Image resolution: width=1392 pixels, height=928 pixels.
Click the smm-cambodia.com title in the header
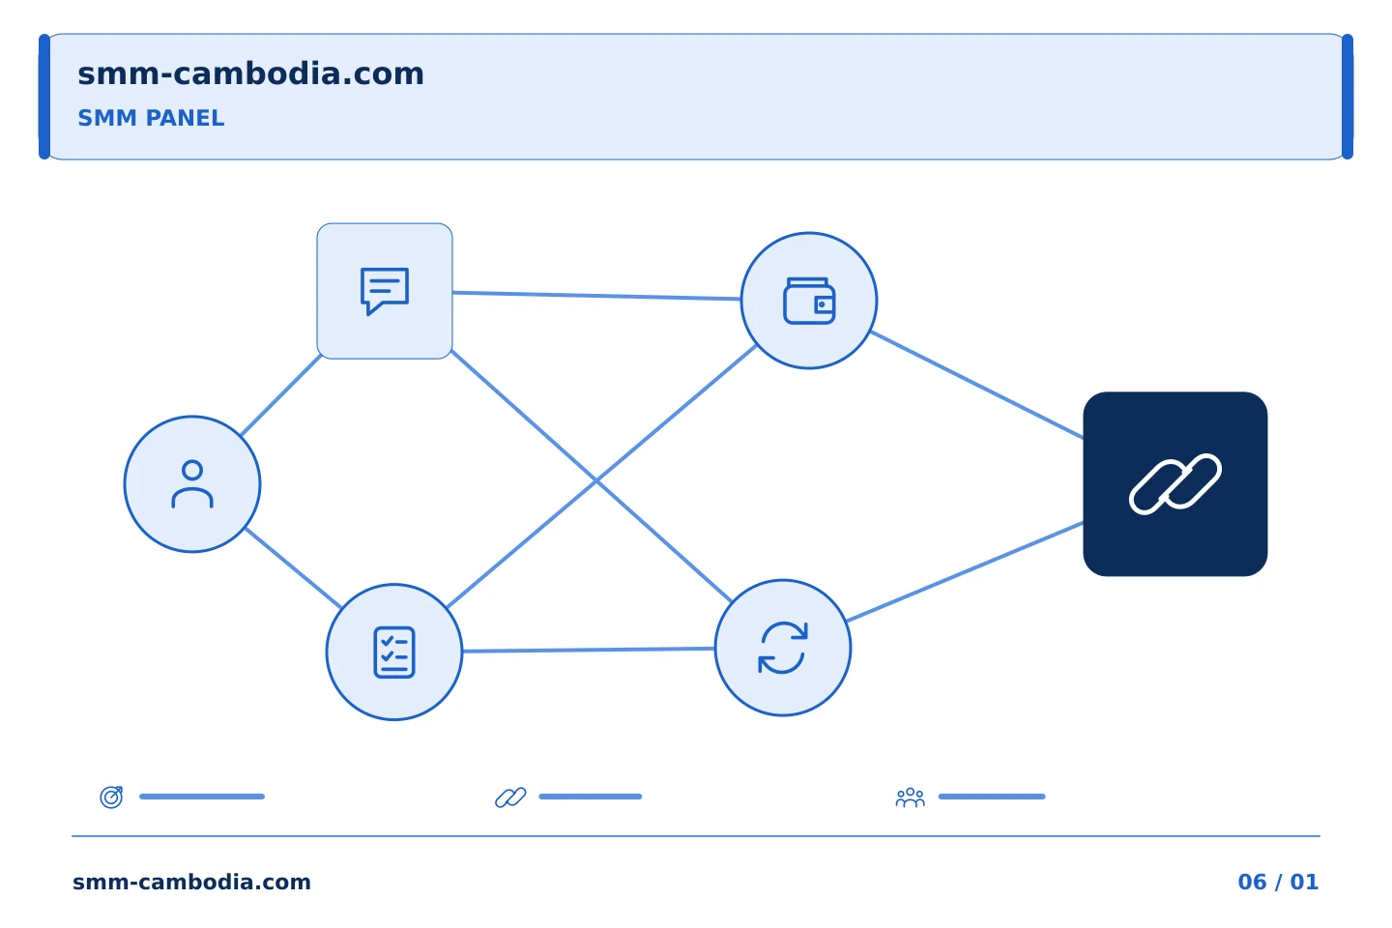coord(250,74)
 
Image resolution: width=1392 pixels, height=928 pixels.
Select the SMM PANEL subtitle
coord(151,118)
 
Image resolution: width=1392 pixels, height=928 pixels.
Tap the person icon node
coord(192,484)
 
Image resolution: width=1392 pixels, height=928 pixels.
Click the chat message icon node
coord(385,291)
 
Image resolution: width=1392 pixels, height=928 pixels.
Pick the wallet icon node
coord(809,301)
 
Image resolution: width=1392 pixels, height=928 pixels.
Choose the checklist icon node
coord(394,652)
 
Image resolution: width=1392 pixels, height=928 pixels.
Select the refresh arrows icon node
coord(783,648)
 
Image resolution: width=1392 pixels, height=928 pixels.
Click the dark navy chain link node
coord(1175,484)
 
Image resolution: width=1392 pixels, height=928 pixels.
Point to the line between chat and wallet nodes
coord(596,296)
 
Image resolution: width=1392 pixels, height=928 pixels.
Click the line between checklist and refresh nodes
coord(589,651)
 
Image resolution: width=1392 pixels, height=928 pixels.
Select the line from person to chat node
coord(281,395)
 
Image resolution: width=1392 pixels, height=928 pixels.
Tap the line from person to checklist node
coord(293,568)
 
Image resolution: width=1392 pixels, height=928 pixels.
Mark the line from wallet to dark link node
coord(977,386)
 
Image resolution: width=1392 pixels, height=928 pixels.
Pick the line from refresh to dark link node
coord(965,572)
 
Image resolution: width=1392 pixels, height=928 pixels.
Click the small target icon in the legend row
coord(112,797)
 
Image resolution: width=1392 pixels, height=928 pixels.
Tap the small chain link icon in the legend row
coord(510,797)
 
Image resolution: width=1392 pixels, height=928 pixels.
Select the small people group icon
coord(911,797)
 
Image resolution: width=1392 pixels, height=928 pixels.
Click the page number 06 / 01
coord(1278,882)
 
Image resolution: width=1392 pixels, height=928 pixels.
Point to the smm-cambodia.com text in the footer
coord(191,882)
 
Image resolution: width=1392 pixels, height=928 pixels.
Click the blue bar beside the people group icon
coord(992,797)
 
